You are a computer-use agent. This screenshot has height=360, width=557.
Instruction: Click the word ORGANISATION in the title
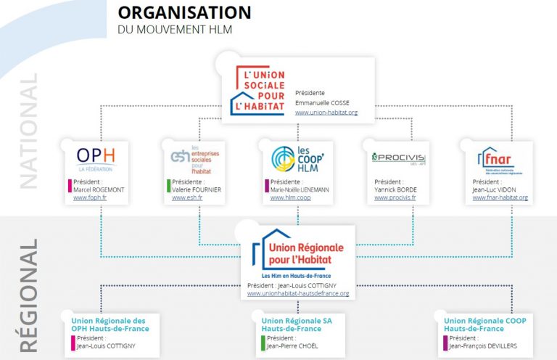184,12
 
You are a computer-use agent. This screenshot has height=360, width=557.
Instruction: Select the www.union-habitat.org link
326,112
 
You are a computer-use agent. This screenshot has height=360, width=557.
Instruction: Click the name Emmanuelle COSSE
323,103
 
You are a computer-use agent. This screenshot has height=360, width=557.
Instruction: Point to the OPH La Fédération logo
96,157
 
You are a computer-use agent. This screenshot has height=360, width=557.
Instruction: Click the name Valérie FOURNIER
197,189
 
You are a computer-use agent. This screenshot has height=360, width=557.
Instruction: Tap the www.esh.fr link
188,197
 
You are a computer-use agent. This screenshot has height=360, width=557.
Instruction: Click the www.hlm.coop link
290,197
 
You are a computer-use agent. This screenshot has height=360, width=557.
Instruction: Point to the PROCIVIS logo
396,157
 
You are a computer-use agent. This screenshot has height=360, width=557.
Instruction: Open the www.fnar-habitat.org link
500,197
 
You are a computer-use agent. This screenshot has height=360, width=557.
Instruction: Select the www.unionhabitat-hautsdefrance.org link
297,294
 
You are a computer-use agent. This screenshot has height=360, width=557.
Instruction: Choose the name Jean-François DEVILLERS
483,345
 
